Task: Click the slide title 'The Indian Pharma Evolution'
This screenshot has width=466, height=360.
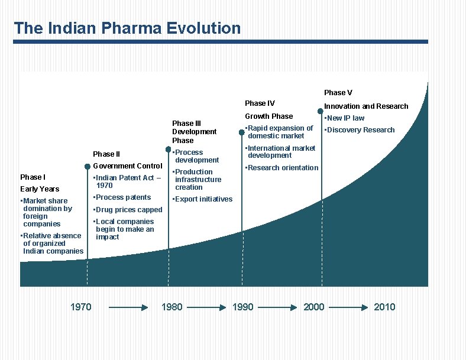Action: click(127, 28)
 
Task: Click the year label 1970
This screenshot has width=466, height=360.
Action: click(80, 307)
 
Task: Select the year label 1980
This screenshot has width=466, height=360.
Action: click(171, 307)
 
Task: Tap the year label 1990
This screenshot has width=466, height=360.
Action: click(242, 307)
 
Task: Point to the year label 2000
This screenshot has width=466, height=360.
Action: click(313, 307)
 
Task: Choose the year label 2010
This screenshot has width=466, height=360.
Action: click(384, 307)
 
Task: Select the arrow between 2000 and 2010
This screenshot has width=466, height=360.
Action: click(350, 307)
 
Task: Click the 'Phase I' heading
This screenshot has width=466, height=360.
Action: click(33, 177)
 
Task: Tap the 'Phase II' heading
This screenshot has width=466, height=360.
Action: click(106, 154)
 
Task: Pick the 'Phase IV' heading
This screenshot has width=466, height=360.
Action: click(260, 103)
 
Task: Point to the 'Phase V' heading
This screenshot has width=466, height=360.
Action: click(338, 92)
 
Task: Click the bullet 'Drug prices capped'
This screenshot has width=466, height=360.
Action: click(128, 210)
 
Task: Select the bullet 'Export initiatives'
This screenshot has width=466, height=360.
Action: click(202, 199)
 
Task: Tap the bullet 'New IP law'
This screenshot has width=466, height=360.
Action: click(344, 118)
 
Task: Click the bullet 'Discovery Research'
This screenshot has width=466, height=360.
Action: click(359, 130)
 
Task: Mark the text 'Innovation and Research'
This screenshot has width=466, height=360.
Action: click(366, 106)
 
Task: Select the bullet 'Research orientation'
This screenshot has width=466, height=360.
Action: click(281, 168)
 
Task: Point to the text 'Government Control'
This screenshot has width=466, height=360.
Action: click(128, 166)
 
